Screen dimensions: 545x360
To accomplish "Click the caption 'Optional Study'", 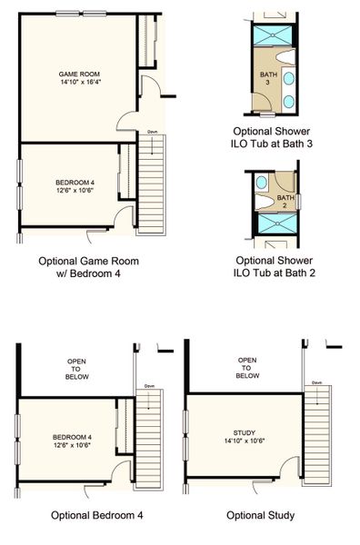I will point(261,515).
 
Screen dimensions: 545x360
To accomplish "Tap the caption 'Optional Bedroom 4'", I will point(97,515).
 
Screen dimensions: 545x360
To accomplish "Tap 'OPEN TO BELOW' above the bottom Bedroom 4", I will point(76,370).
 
